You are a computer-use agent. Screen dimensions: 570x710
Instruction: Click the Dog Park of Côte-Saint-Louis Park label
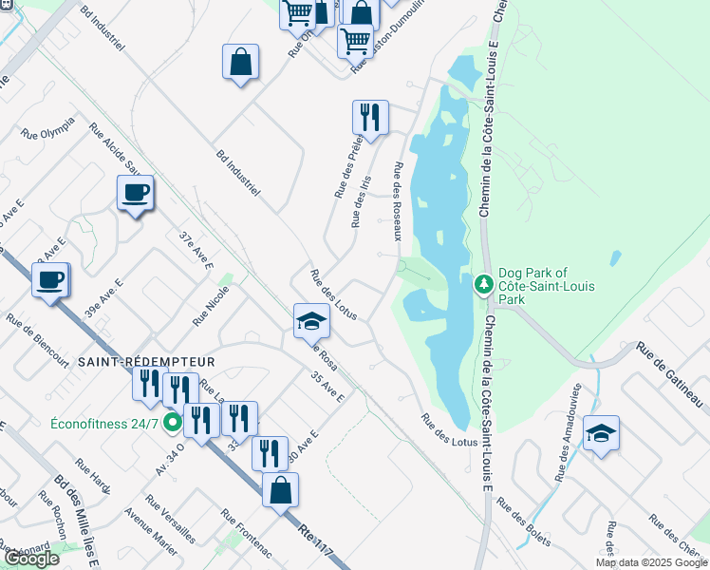[538, 286]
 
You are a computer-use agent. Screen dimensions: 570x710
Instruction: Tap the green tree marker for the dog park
[483, 284]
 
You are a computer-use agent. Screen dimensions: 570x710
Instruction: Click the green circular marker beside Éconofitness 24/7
[172, 422]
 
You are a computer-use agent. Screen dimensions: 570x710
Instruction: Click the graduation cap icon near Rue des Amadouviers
[601, 433]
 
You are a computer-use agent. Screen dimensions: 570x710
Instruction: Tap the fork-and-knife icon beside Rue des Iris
[370, 117]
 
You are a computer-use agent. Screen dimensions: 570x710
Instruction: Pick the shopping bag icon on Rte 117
[280, 489]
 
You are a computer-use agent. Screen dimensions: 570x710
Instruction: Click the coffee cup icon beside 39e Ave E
[50, 279]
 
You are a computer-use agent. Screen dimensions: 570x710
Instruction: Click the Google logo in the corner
[30, 559]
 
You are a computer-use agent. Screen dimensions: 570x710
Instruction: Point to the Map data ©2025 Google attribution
[650, 562]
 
